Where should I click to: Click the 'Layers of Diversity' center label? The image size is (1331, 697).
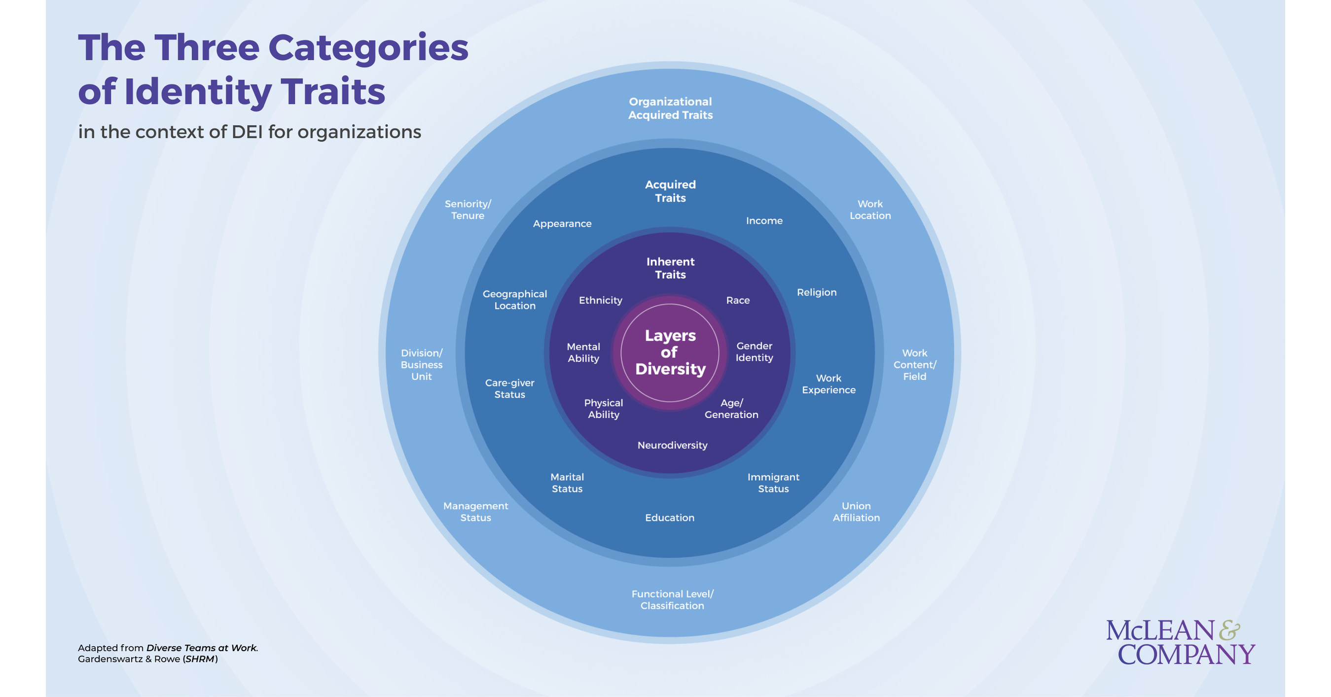(x=670, y=352)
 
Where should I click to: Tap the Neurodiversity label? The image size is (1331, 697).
(x=672, y=445)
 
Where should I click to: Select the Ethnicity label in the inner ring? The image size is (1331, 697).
(x=600, y=300)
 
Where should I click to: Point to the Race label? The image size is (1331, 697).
(x=737, y=300)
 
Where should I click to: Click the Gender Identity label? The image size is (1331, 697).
(x=754, y=351)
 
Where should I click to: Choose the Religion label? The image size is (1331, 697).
(x=816, y=292)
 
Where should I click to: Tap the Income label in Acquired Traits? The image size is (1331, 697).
(x=764, y=220)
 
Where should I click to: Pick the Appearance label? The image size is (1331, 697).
(x=562, y=224)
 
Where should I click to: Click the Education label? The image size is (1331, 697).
(x=670, y=518)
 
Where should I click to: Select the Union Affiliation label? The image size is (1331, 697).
(x=856, y=512)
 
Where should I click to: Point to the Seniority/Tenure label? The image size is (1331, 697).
(x=468, y=209)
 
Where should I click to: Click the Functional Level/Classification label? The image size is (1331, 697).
(x=672, y=599)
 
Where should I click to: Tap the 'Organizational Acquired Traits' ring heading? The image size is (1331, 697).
(x=670, y=108)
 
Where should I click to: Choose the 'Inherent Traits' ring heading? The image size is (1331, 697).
(x=670, y=268)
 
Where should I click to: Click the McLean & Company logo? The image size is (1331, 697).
(x=1180, y=642)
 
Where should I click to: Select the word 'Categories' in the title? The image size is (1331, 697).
(x=368, y=47)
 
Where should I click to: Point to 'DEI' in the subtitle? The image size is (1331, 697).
(x=248, y=132)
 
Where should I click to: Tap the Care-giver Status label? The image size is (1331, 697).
(x=509, y=388)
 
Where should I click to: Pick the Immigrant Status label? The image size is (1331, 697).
(x=773, y=483)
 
